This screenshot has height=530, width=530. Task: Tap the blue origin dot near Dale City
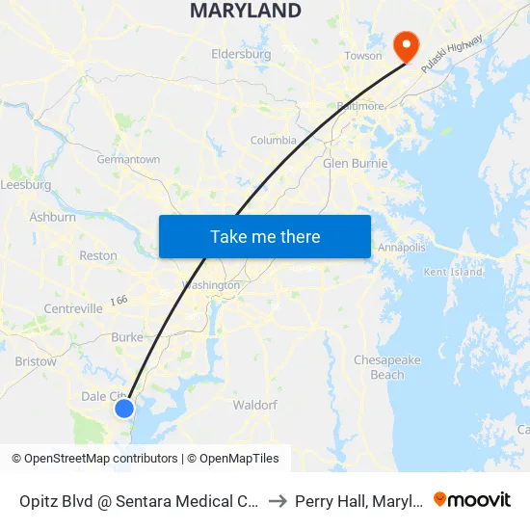[x=124, y=409]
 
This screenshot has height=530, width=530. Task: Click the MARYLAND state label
[x=245, y=12]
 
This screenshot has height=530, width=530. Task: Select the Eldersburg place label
[x=241, y=55]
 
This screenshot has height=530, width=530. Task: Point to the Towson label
[x=363, y=56]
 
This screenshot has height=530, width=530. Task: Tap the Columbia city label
[x=274, y=141]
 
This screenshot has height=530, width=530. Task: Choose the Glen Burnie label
[x=355, y=164]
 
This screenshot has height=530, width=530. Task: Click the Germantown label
[x=128, y=160]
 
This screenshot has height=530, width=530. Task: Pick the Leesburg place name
[x=26, y=185]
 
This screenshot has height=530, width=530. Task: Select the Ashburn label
[x=52, y=218]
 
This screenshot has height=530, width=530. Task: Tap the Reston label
[x=97, y=256]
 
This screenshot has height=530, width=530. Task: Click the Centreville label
[x=72, y=309]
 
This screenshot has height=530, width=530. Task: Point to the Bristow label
[x=35, y=362]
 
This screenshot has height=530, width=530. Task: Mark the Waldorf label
[x=255, y=406]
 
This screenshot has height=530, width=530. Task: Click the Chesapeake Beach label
[x=387, y=367]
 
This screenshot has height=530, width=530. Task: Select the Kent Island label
[x=453, y=273]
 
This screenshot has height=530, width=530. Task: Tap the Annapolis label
[x=401, y=248]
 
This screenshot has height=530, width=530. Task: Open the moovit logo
[x=472, y=499]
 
